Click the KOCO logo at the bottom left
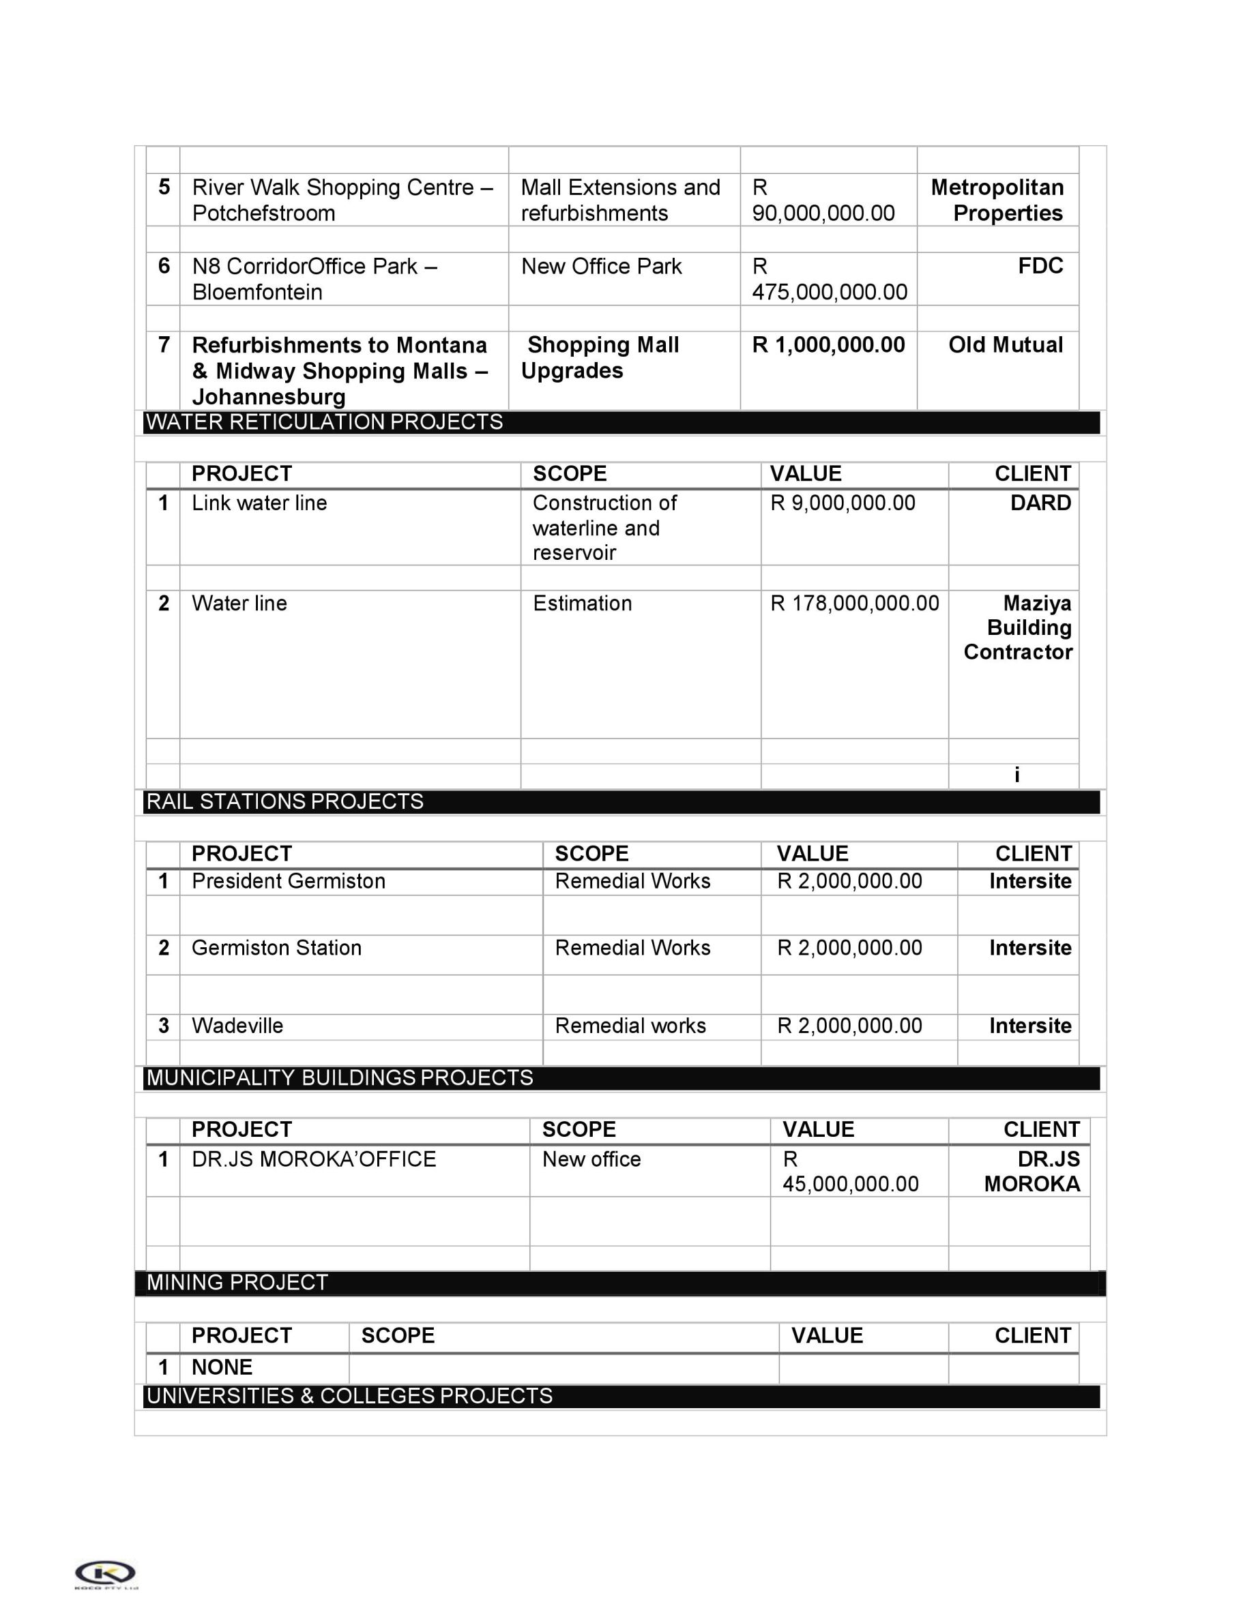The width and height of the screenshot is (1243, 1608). pos(105,1573)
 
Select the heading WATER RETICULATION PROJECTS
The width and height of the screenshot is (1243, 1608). pos(325,422)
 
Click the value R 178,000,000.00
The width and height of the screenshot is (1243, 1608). pos(854,603)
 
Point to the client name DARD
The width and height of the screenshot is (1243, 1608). pos(1040,503)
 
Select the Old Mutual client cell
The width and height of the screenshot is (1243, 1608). pos(1005,344)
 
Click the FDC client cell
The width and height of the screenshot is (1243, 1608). pos(1040,266)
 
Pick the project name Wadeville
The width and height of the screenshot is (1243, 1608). pos(237,1026)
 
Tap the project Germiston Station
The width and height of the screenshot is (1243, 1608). pos(276,948)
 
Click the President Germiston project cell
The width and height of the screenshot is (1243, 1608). pos(288,881)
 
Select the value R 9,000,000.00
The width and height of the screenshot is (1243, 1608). pos(843,503)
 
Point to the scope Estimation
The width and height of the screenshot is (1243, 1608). pos(582,603)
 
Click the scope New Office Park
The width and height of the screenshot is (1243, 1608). pos(601,266)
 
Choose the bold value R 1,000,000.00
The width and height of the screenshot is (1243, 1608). pos(828,344)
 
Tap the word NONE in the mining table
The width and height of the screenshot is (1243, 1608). pos(222,1367)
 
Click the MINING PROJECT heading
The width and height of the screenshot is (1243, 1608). pos(237,1283)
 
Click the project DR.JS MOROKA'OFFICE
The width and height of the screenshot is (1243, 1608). pos(314,1159)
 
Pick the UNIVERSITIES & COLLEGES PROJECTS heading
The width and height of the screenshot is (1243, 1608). pos(349,1396)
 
